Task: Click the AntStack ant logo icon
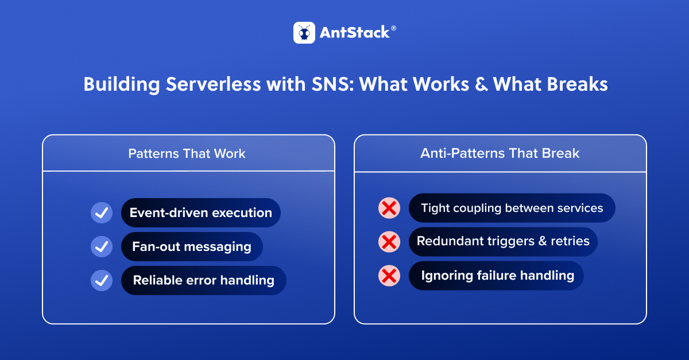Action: (x=304, y=33)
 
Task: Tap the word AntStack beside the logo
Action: (x=354, y=33)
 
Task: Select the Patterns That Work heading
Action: (x=187, y=153)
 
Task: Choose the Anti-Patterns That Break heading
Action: (x=500, y=153)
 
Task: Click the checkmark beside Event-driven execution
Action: (x=102, y=213)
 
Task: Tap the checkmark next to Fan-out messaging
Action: (x=102, y=247)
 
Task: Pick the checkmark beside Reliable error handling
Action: (x=102, y=281)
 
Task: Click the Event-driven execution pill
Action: (x=200, y=213)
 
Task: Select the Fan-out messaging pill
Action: (x=192, y=247)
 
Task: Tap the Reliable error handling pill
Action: (x=203, y=281)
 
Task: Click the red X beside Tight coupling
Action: (x=389, y=208)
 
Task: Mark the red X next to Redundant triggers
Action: (x=389, y=242)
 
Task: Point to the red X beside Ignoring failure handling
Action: (x=389, y=276)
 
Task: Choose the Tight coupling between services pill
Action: (x=512, y=208)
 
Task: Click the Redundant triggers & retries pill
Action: (x=503, y=242)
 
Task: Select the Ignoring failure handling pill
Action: (x=497, y=276)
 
